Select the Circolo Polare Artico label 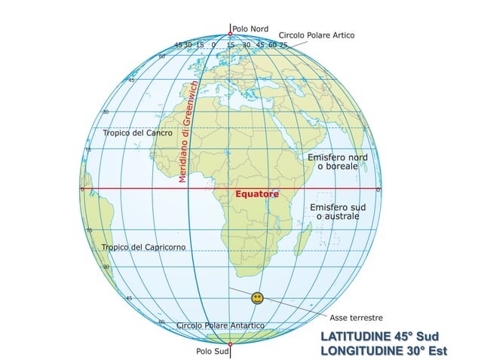coord(316,35)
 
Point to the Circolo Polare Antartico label coord(220,325)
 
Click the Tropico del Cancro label coord(138,133)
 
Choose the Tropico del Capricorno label coord(143,247)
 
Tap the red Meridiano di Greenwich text coord(188,132)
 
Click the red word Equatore coord(257,194)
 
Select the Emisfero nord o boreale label coord(337,161)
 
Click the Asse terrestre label coord(357,318)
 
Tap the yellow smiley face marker coord(257,298)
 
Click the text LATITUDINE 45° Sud coord(379,335)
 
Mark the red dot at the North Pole coord(230,34)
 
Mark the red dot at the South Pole coord(230,343)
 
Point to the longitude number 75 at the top coord(283,45)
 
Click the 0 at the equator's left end coord(82,189)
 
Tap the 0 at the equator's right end coord(378,189)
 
